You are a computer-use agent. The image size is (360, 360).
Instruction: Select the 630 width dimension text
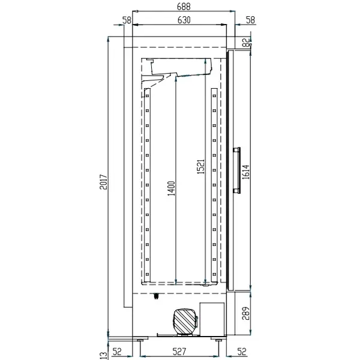coord(183,20)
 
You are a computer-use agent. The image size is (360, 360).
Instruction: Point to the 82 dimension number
coord(245,42)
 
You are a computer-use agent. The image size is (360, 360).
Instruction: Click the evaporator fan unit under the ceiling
coord(180,67)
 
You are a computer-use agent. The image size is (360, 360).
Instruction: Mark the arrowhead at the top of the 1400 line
coord(175,79)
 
